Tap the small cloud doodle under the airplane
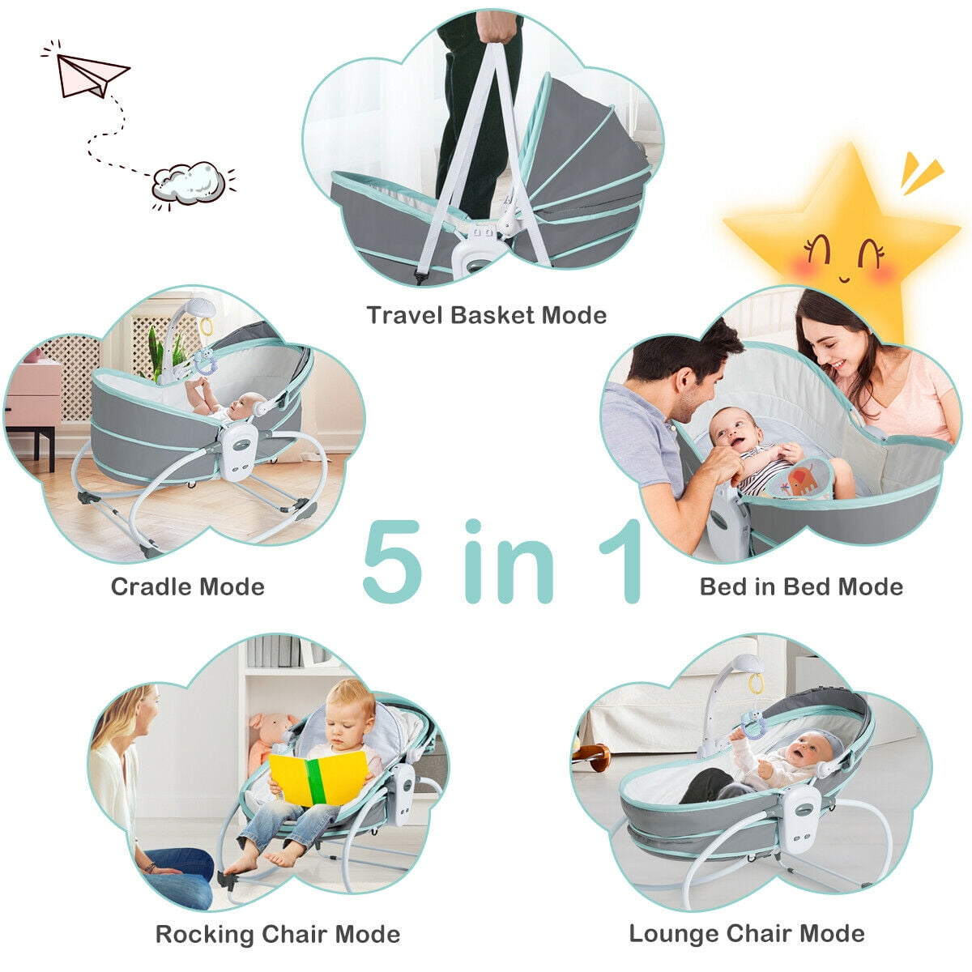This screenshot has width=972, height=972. coord(189,182)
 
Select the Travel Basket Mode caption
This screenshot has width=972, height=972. coord(486,314)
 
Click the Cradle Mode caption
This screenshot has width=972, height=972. coord(187,586)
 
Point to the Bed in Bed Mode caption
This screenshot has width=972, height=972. coord(801,586)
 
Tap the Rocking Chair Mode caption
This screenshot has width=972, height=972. coord(278,934)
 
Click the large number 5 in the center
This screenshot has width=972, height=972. coord(393,561)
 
